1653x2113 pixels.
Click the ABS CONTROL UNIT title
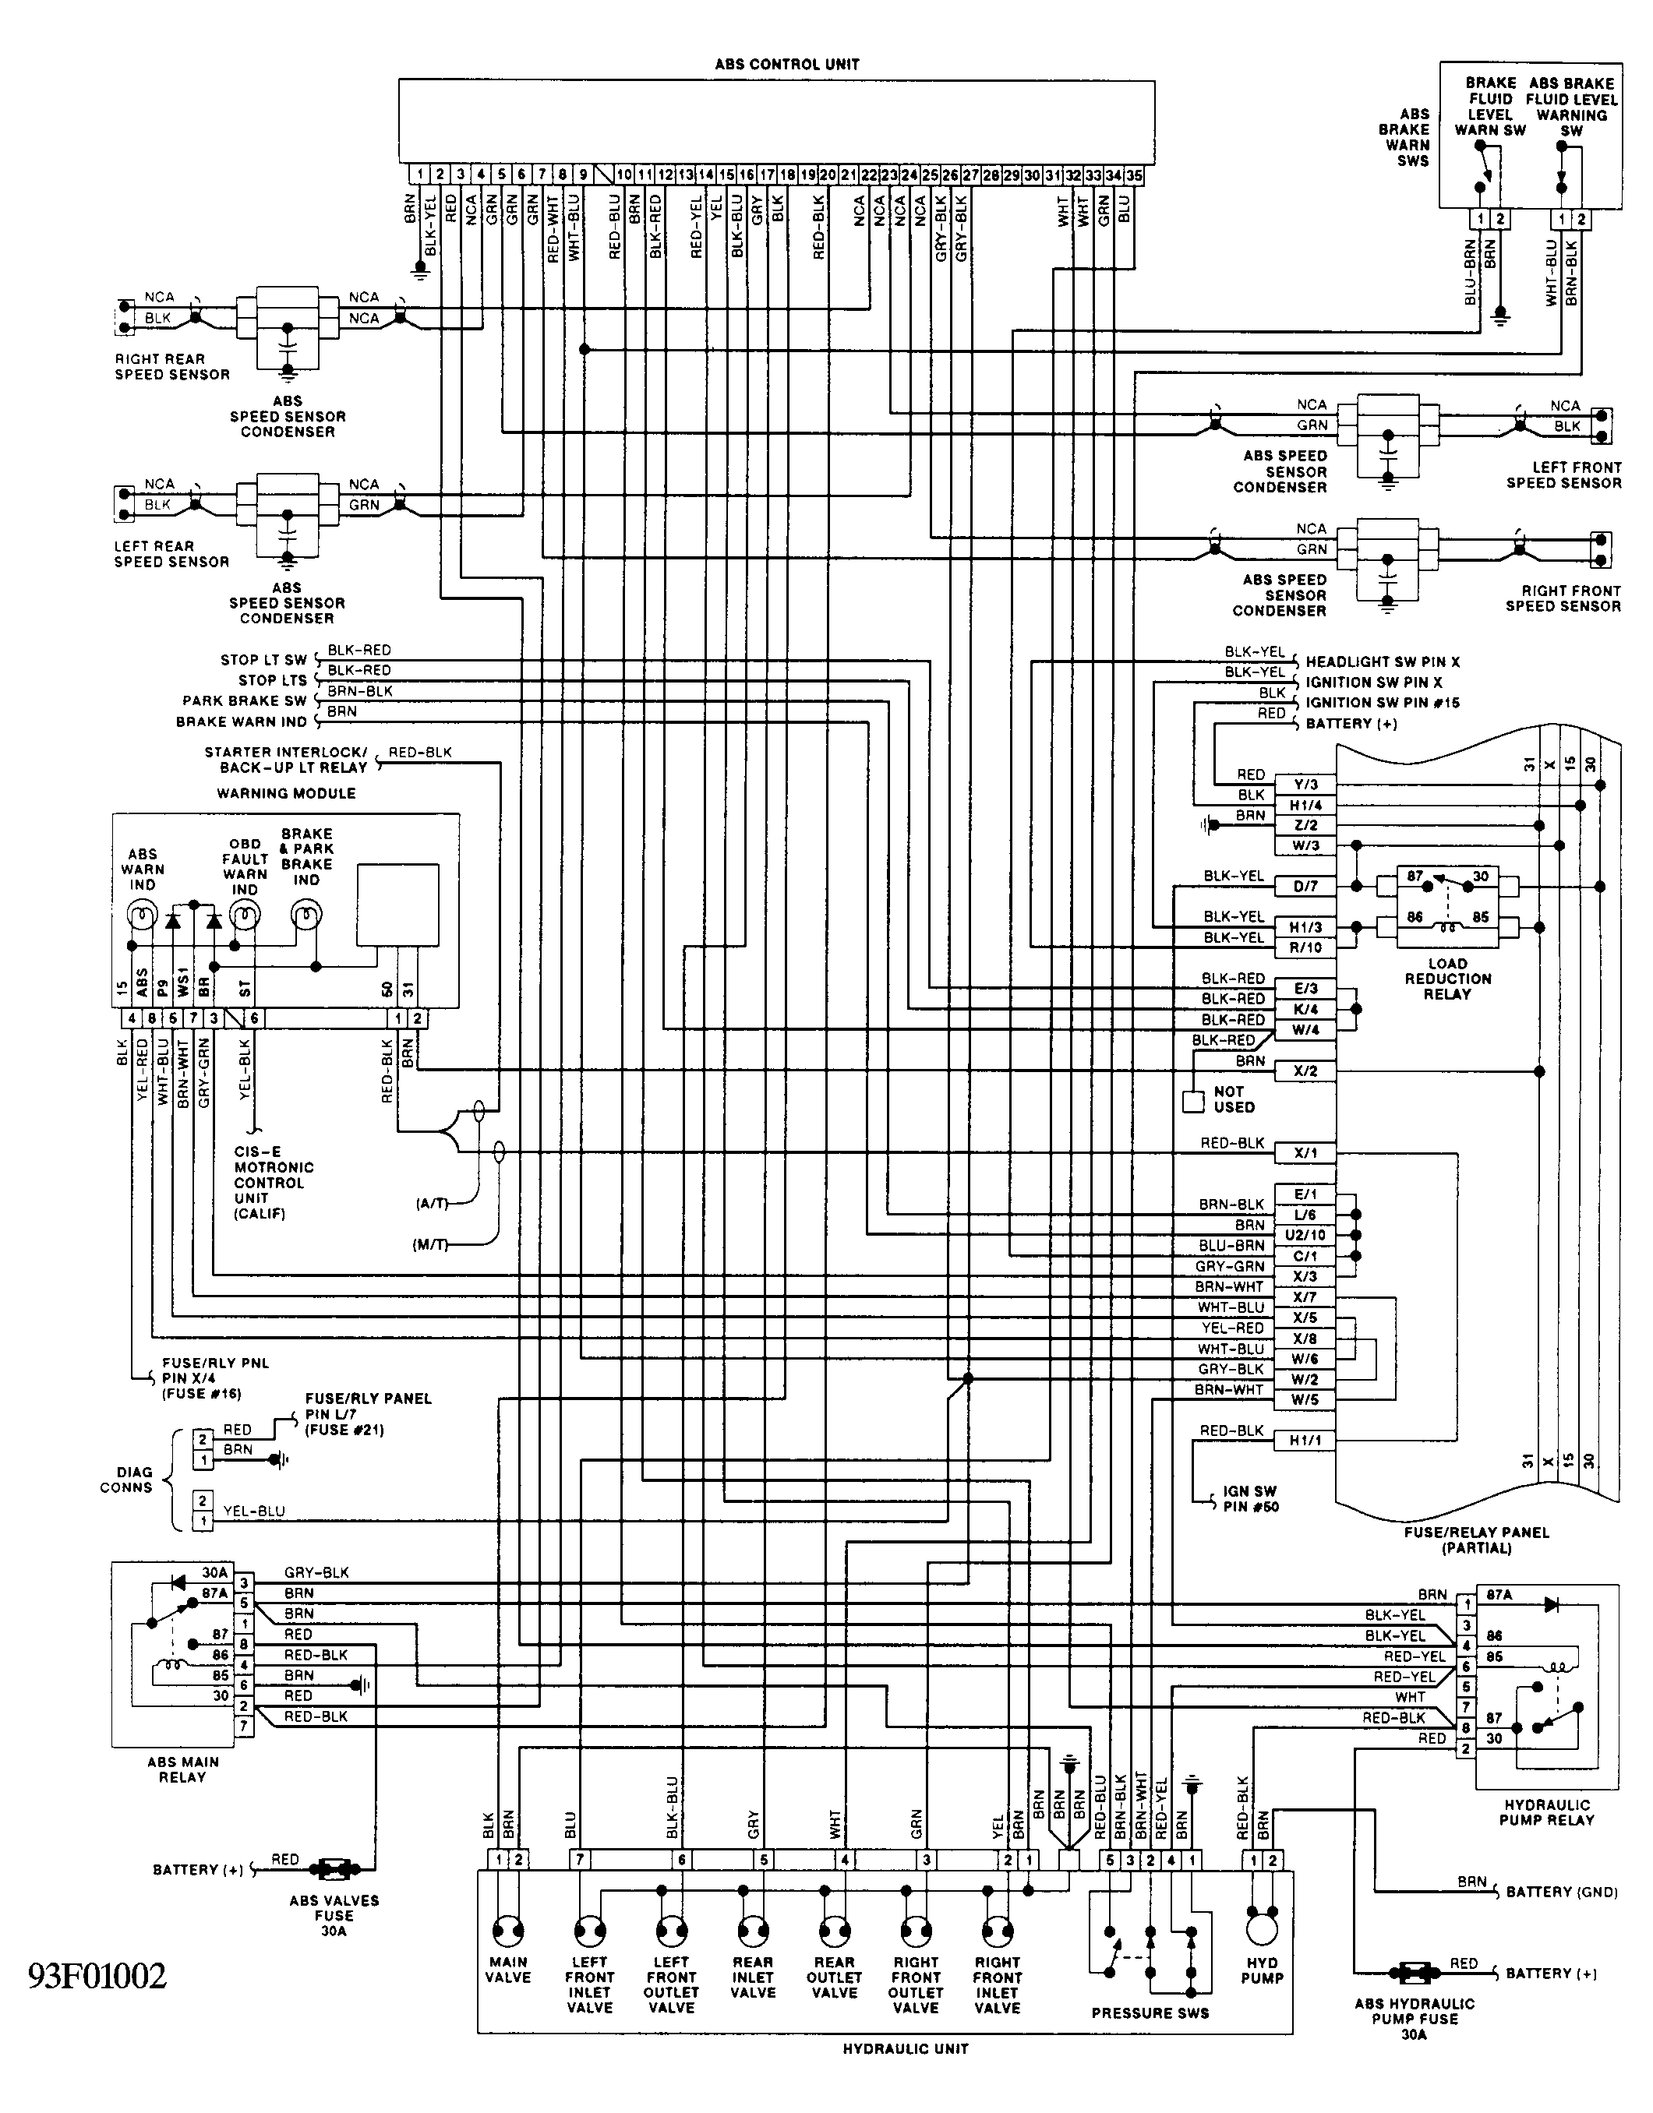pyautogui.click(x=787, y=65)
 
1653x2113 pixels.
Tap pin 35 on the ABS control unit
pyautogui.click(x=1134, y=175)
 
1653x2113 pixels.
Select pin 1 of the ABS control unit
pyautogui.click(x=419, y=175)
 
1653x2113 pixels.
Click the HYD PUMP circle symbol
pyautogui.click(x=1262, y=1930)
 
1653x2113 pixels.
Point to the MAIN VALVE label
pyautogui.click(x=508, y=1970)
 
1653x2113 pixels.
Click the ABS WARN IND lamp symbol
pyautogui.click(x=143, y=914)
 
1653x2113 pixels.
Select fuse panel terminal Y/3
pyautogui.click(x=1305, y=785)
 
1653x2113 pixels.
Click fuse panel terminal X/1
pyautogui.click(x=1305, y=1153)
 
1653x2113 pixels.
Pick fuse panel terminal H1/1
pyautogui.click(x=1305, y=1441)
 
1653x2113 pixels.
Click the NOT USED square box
pyautogui.click(x=1193, y=1101)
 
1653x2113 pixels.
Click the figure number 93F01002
pyautogui.click(x=97, y=1976)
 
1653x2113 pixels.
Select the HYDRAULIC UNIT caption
pyautogui.click(x=906, y=2048)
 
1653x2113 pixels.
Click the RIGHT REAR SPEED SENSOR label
pyautogui.click(x=172, y=367)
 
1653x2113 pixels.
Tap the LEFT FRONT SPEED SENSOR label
pyautogui.click(x=1563, y=475)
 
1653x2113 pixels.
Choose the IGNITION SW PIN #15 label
pyautogui.click(x=1383, y=703)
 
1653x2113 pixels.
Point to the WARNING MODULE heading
pyautogui.click(x=287, y=793)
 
